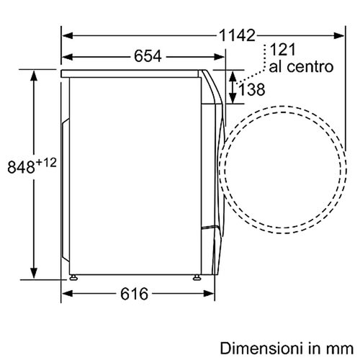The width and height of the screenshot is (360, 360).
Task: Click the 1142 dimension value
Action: pos(237,36)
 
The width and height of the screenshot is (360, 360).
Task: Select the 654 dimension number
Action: pos(148,56)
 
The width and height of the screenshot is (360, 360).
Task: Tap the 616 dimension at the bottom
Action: pos(134,294)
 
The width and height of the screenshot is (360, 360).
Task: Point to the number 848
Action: pos(22,167)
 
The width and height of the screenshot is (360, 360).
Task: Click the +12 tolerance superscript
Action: pos(46,163)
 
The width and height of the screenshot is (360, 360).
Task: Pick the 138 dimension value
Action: pos(252,89)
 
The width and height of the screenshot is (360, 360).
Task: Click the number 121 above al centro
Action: pos(282,50)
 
